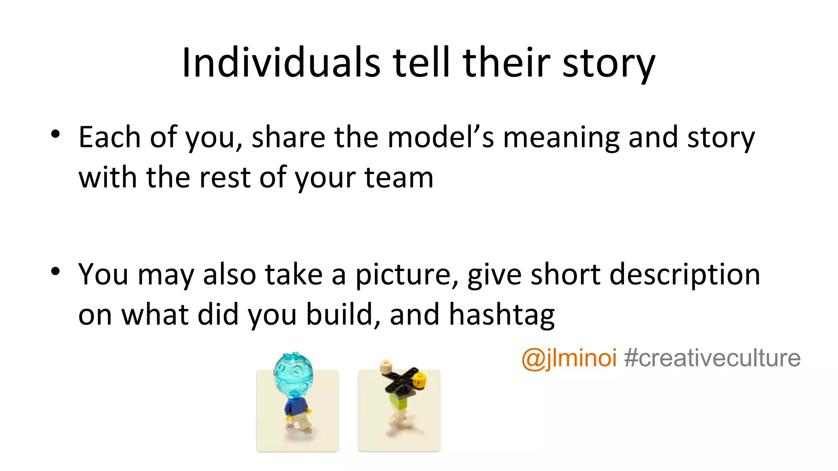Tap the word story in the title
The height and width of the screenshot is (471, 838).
click(x=608, y=63)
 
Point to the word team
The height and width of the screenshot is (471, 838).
click(x=399, y=178)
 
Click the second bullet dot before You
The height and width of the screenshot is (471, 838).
click(x=56, y=271)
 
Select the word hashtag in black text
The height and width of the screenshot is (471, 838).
click(x=502, y=315)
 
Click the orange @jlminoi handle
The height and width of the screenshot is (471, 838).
click(x=569, y=359)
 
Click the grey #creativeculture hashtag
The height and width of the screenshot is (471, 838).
click(x=712, y=359)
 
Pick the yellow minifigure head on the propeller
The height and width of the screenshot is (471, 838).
click(x=419, y=379)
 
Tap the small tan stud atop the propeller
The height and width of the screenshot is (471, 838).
click(x=386, y=366)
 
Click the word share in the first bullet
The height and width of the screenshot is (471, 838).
click(x=288, y=137)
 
